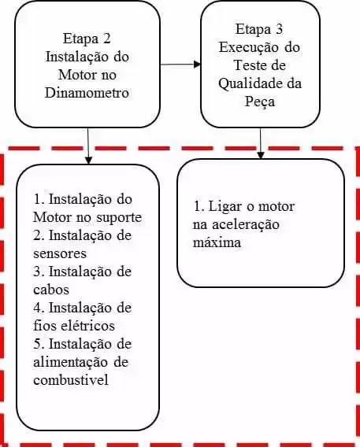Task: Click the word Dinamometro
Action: click(x=87, y=93)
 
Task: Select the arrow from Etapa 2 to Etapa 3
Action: click(x=180, y=65)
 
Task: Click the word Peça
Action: click(x=260, y=102)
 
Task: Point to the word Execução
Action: click(x=249, y=47)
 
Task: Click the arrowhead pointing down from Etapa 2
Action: click(x=88, y=161)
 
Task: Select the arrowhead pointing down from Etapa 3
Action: click(x=261, y=154)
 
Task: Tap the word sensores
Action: click(x=60, y=253)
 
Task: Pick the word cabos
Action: click(x=51, y=290)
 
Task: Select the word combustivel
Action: click(x=71, y=380)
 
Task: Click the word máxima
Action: click(x=217, y=242)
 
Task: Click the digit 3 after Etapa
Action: click(x=279, y=29)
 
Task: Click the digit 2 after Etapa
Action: click(x=106, y=39)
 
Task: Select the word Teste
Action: click(x=247, y=65)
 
